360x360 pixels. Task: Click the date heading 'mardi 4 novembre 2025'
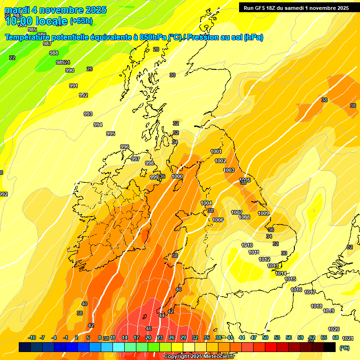(x=55, y=10)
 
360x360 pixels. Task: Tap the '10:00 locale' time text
(x=36, y=21)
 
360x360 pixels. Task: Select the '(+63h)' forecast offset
(x=81, y=21)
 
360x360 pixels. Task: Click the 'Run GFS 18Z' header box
(x=296, y=7)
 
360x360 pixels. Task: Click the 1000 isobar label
(x=177, y=176)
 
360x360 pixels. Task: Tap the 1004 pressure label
(x=206, y=203)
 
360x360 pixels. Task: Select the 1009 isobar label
(x=263, y=214)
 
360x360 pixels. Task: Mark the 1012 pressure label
(x=264, y=259)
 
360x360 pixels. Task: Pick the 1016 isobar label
(x=296, y=290)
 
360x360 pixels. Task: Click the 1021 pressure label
(x=347, y=338)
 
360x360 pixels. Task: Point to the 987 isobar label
(x=47, y=44)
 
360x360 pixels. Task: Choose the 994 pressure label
(x=97, y=125)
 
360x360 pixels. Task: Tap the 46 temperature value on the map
(x=149, y=329)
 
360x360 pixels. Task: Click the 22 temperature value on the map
(x=12, y=58)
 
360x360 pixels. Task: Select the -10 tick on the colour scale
(x=32, y=337)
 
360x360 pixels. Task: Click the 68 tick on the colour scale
(x=336, y=337)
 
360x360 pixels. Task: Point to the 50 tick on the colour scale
(x=265, y=337)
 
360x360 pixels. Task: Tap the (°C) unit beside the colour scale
(x=345, y=348)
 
